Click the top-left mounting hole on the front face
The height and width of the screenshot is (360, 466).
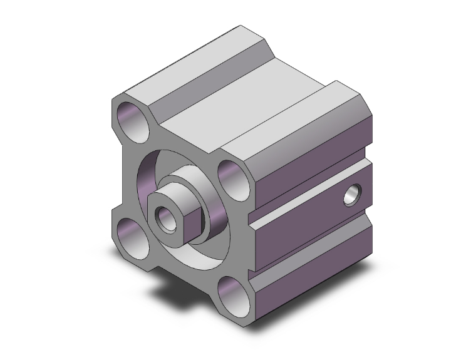[133, 121]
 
